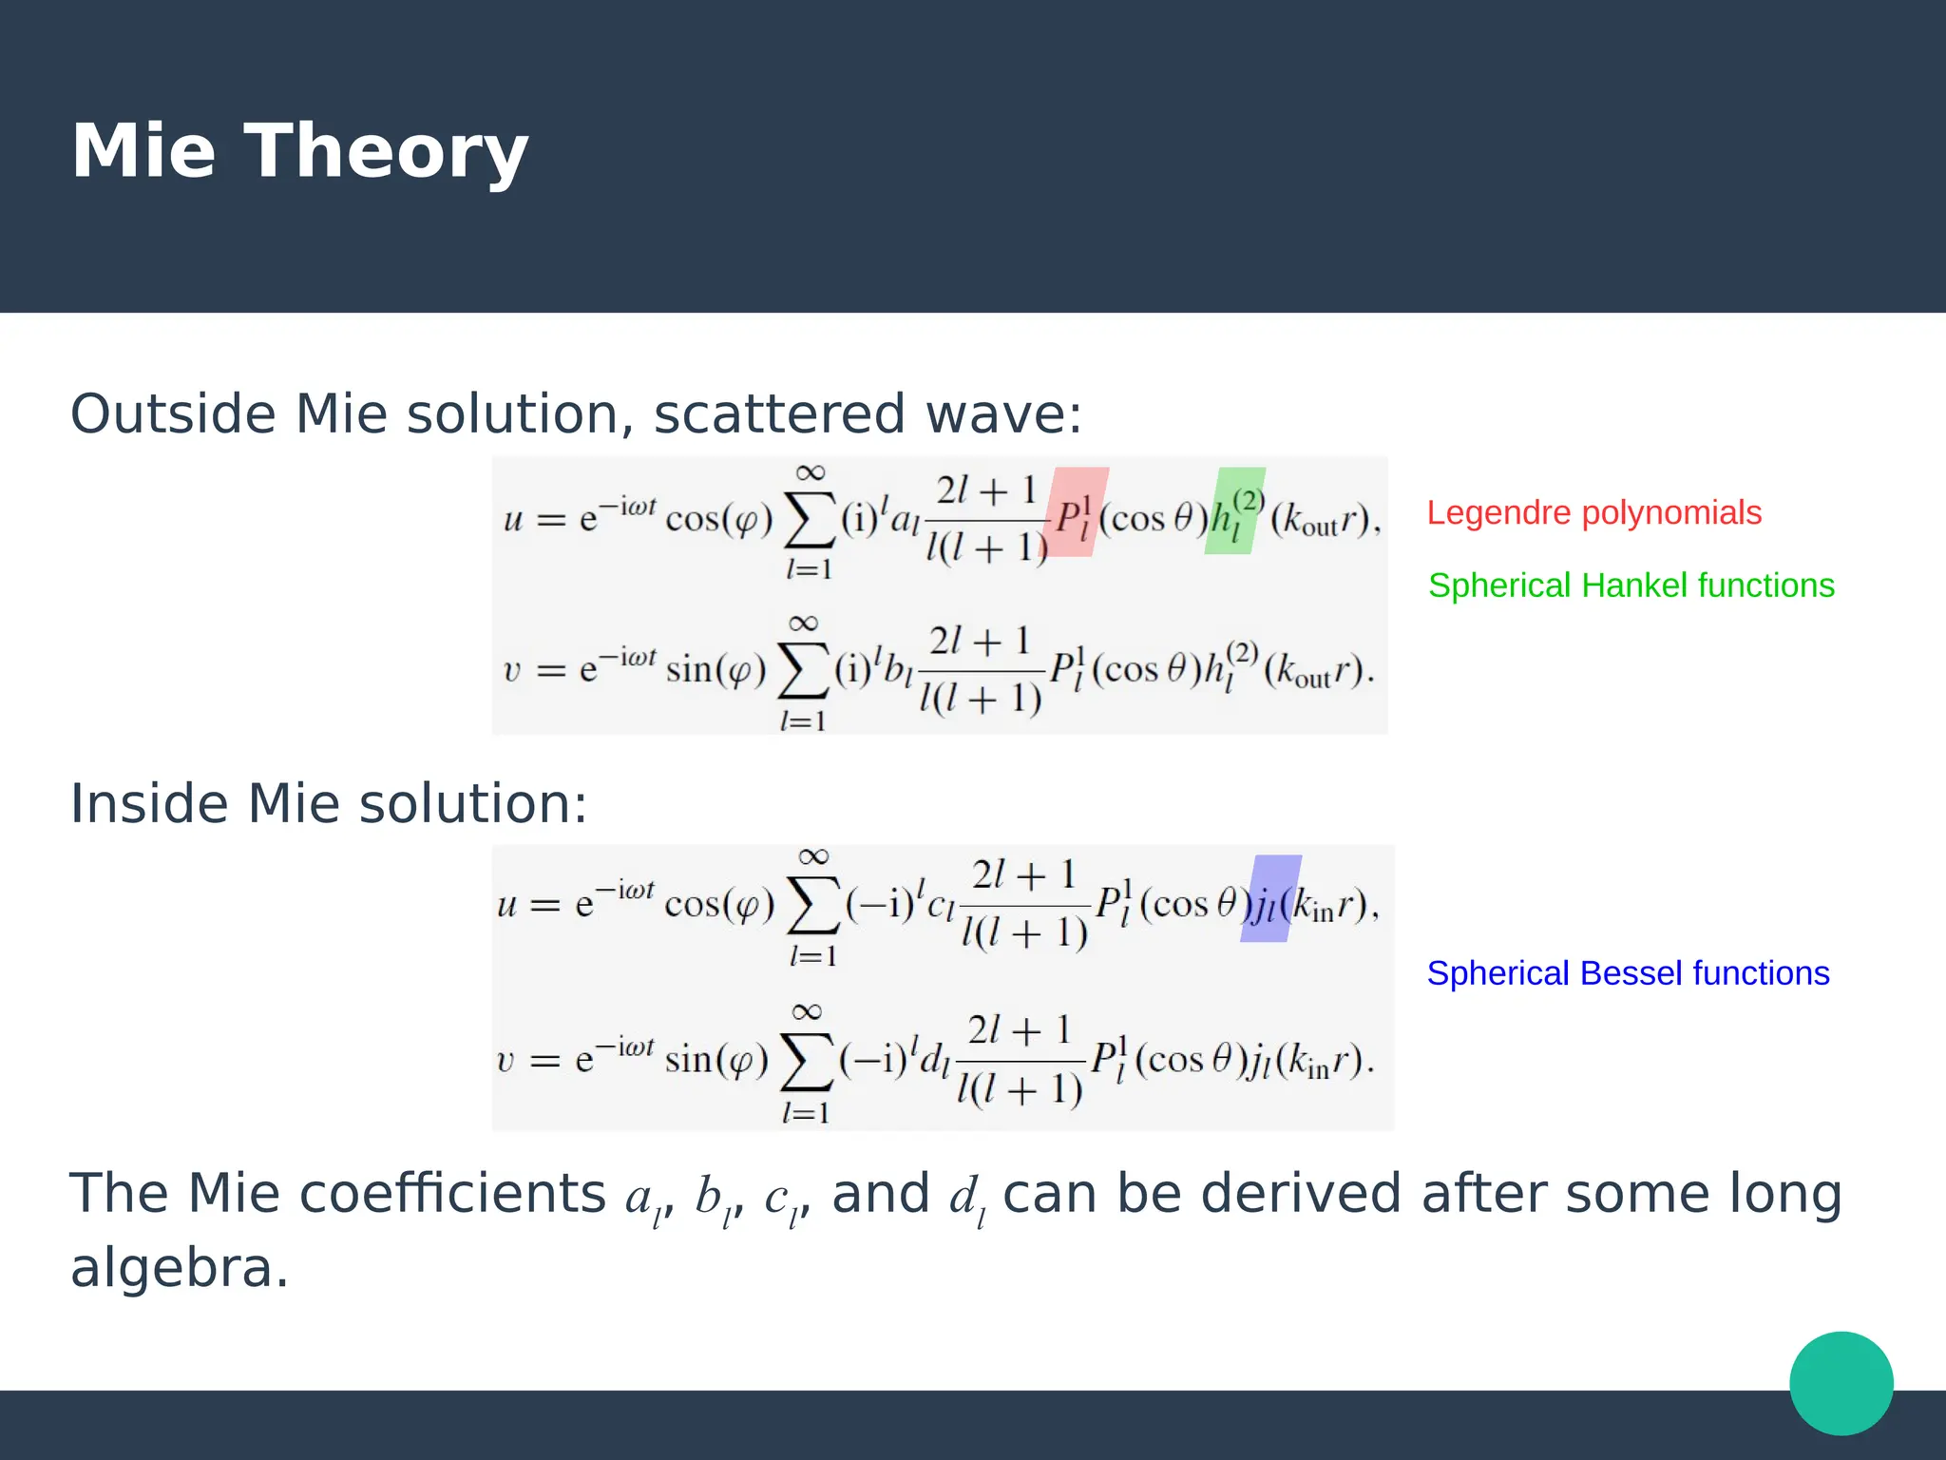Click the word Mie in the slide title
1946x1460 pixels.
point(143,152)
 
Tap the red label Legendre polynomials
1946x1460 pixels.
point(1593,512)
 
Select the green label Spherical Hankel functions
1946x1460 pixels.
point(1631,586)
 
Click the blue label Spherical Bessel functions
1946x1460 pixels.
point(1628,973)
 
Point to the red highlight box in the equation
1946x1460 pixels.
point(1077,511)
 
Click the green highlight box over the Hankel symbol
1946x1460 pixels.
point(1234,511)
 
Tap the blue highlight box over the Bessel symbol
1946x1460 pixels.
point(1270,899)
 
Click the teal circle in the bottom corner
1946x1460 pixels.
point(1841,1383)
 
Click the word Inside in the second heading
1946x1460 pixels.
point(149,803)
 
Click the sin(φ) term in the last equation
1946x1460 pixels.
point(715,1059)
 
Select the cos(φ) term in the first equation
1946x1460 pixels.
point(719,520)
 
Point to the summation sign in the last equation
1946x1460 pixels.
point(806,1063)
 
